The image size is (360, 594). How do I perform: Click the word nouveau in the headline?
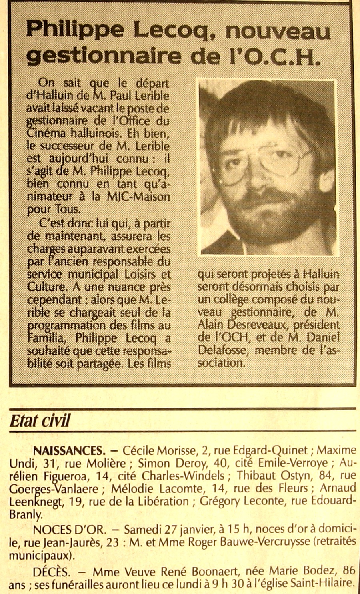[278, 31]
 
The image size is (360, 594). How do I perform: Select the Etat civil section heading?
[40, 421]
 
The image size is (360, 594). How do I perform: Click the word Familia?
[45, 338]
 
